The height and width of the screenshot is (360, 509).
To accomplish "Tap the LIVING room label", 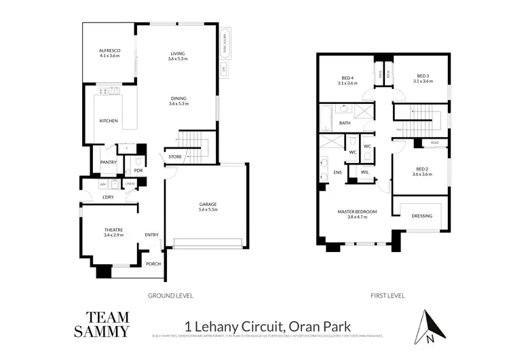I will coord(177,54).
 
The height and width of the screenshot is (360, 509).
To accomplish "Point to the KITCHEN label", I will coord(109,121).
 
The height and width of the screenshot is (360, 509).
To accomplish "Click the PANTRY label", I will coord(108,162).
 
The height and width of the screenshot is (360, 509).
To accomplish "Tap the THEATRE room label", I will coord(113,231).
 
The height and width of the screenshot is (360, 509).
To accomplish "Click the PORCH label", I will coord(153,264).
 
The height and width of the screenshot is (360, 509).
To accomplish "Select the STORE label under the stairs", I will coord(175,157).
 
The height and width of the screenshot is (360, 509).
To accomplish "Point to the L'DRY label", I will coord(108,198).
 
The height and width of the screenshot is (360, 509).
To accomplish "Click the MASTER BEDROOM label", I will coord(357,213).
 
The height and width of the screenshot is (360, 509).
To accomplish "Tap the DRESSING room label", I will coord(421,216).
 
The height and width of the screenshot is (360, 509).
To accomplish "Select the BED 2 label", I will coord(423,168).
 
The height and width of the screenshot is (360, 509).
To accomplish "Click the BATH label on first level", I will coord(345,123).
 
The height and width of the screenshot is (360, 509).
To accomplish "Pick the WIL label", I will coord(364,173).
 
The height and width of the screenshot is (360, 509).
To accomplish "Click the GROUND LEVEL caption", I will coord(170,295).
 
